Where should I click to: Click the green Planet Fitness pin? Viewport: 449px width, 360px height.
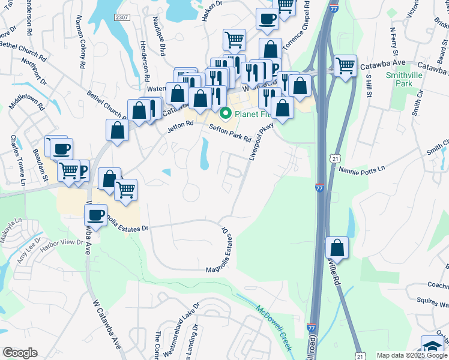tap(226, 112)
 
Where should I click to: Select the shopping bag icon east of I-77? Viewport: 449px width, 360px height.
tap(337, 248)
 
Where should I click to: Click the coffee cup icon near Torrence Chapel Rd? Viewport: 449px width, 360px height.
tap(267, 19)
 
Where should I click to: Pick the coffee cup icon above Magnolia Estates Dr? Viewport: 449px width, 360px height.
tap(95, 214)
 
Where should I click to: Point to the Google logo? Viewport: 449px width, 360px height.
tap(20, 352)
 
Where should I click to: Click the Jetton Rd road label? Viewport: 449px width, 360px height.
tap(181, 124)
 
